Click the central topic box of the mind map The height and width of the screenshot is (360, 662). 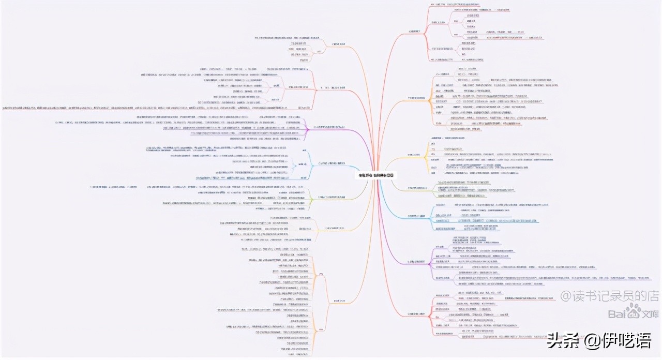[x=375, y=175]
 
